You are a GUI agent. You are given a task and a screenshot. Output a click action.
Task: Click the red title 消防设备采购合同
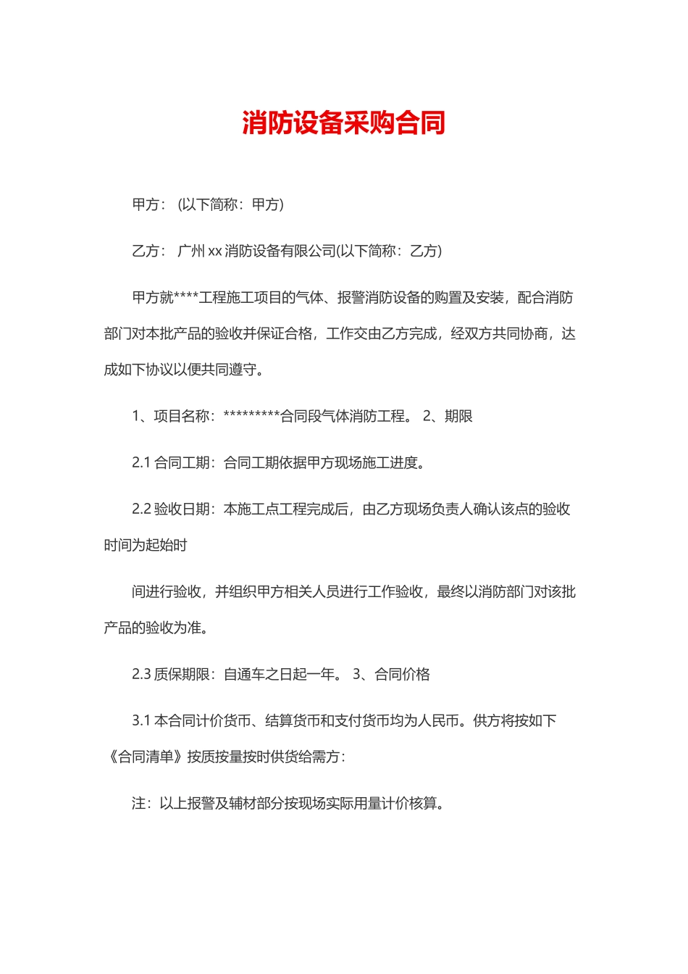343,123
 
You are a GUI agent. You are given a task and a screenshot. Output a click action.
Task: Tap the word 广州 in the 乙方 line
191,251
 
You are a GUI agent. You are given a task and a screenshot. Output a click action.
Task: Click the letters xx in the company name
215,251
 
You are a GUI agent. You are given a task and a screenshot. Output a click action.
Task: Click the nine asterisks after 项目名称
251,416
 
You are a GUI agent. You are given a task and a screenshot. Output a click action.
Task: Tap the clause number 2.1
141,463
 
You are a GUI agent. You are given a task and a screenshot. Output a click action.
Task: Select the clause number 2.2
141,509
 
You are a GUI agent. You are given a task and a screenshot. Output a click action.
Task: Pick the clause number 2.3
141,675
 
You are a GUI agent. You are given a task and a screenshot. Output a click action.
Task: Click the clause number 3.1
141,721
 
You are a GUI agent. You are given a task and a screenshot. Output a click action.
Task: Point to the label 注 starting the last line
138,804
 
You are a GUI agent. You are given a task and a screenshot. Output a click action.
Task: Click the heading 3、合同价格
391,675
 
